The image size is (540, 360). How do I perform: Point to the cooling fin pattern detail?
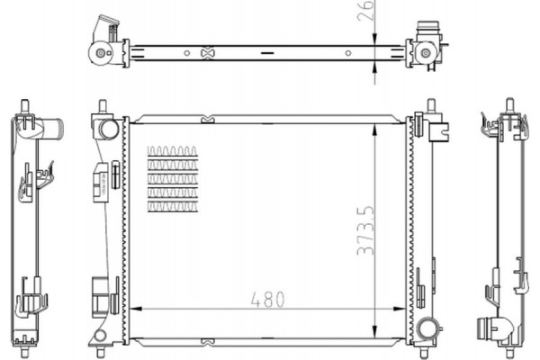coord(172,178)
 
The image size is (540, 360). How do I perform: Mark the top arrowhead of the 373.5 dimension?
coord(374,124)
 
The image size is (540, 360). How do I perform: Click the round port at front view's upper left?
coord(109,129)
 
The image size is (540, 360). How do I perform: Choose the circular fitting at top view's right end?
coord(426,55)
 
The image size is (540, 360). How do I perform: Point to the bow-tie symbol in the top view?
coord(208,53)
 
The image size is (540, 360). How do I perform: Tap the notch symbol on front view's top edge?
coord(208,117)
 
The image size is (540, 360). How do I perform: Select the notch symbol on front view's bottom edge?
coord(208,341)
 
